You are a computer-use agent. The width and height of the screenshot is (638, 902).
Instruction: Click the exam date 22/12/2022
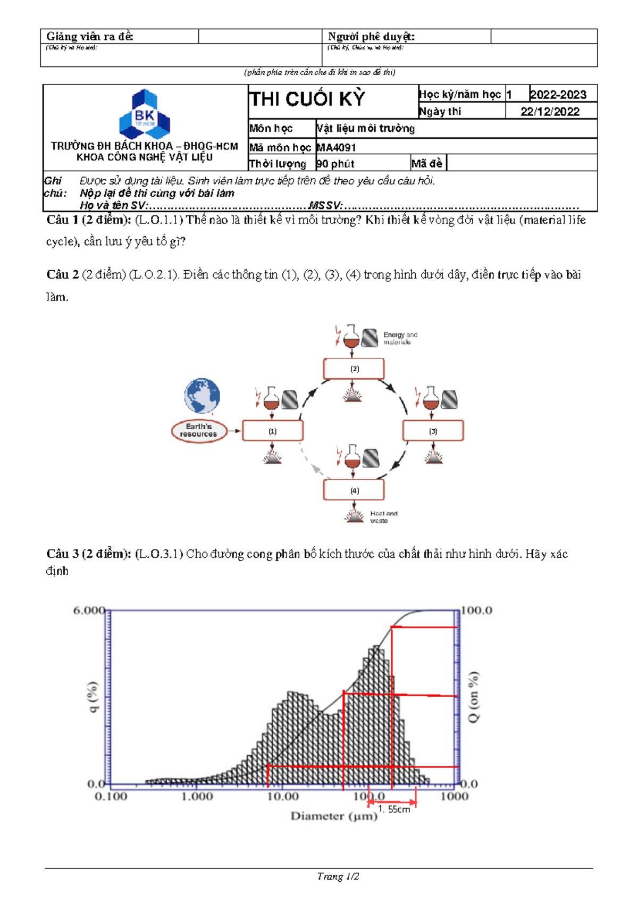[550, 111]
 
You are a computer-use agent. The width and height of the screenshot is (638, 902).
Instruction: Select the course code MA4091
[336, 147]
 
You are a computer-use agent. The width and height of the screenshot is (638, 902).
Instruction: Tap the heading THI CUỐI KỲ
[307, 99]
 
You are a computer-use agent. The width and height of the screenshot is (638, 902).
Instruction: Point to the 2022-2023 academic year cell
[558, 95]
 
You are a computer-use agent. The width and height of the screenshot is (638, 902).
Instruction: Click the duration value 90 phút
[335, 164]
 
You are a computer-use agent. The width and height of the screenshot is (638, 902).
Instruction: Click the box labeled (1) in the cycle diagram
[273, 431]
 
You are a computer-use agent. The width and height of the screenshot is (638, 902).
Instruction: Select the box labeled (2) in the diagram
[354, 369]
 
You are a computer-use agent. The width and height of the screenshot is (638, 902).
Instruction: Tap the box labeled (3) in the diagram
[433, 431]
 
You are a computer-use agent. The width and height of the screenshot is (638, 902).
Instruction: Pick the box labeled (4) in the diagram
[354, 490]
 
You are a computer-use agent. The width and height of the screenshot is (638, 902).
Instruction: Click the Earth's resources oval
[198, 430]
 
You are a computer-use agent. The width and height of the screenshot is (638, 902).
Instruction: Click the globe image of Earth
[202, 396]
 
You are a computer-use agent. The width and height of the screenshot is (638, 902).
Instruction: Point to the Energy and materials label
[400, 338]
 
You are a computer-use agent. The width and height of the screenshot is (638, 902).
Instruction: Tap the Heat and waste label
[383, 517]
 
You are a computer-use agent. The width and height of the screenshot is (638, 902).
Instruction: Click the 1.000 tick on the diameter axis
[197, 796]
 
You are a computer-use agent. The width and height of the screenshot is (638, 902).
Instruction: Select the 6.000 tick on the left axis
[88, 611]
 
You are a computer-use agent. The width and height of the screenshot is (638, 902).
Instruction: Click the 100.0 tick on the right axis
[476, 611]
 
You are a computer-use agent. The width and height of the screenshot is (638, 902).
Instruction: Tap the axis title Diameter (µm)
[334, 816]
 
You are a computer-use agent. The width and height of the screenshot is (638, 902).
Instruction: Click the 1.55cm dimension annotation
[394, 809]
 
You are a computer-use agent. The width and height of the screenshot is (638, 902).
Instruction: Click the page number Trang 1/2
[338, 876]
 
